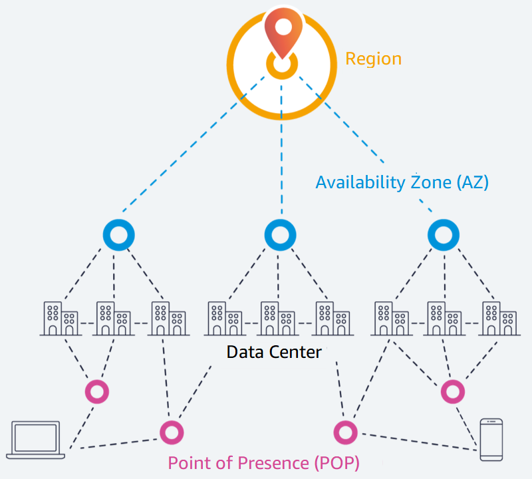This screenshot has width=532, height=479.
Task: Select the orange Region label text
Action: point(373,59)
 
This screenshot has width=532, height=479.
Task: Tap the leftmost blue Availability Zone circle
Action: point(119,234)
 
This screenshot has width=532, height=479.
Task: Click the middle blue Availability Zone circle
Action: point(280,234)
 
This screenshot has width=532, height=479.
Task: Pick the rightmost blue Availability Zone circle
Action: point(444,234)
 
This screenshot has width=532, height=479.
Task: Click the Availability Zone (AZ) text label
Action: point(402,182)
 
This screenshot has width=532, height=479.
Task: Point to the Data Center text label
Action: point(273,351)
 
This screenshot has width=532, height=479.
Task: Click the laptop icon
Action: point(36,440)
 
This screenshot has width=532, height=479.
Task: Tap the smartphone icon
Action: point(491,439)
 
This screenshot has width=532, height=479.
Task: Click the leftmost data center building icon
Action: point(61,319)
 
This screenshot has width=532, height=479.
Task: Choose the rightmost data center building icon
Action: point(499,319)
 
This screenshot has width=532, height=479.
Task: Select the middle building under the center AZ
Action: point(277,319)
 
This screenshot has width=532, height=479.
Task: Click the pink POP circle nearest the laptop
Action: point(172,432)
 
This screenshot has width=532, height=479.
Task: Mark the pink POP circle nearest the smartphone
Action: point(345,432)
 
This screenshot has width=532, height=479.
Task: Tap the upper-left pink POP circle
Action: point(97,391)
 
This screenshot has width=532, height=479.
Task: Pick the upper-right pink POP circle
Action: point(452,391)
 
